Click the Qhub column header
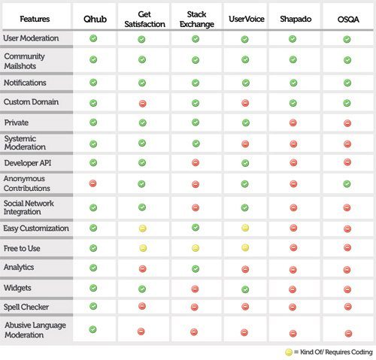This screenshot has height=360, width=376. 95,19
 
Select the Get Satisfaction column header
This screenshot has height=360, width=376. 144,19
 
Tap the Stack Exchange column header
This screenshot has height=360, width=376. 197,19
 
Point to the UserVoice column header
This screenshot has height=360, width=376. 247,19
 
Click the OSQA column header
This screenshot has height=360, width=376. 348,20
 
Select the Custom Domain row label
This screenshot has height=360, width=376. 31,102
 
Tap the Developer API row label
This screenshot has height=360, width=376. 28,163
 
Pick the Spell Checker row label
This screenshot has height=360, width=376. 26,307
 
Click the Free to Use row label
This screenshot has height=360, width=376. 22,248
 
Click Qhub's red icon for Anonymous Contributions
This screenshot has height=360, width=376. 92,183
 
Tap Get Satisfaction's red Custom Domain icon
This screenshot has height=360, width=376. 143,104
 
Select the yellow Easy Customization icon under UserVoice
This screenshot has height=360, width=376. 245,228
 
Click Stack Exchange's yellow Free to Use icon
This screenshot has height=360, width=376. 196,248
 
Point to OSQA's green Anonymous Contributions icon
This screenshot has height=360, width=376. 347,184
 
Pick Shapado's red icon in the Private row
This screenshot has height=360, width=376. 293,123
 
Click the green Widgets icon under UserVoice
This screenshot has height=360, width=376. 245,289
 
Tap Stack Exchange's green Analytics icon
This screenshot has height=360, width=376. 196,269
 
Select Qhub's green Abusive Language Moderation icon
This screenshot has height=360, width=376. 92,329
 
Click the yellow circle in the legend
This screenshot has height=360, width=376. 289,352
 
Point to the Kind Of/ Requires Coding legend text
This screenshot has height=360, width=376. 336,352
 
